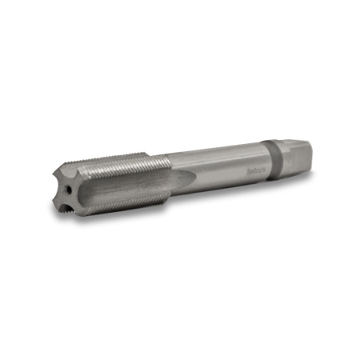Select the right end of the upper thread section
pyautogui.click(x=168, y=158)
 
